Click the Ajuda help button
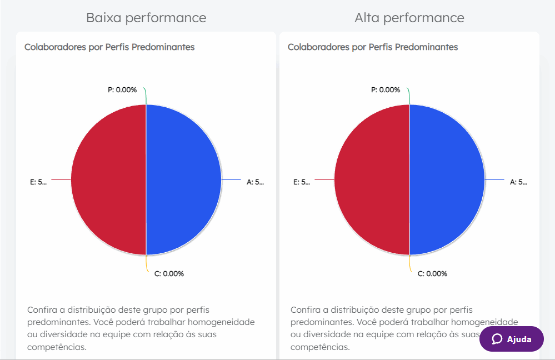(511, 339)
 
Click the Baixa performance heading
(146, 18)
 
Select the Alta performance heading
(409, 18)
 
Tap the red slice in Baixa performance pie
(108, 179)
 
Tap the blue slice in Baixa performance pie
(184, 179)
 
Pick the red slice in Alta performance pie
(372, 179)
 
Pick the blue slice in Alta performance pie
(447, 179)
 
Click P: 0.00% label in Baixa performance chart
(122, 89)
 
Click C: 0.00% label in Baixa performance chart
(169, 273)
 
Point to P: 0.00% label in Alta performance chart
(386, 89)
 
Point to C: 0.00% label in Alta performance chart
(432, 273)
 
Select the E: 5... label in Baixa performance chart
(38, 182)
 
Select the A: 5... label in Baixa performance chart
(255, 182)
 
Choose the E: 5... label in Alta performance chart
(302, 182)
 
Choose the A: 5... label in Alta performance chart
(518, 182)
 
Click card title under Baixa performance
(109, 47)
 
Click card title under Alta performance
(373, 47)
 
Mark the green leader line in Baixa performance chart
(146, 95)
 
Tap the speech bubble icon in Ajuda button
(497, 339)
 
